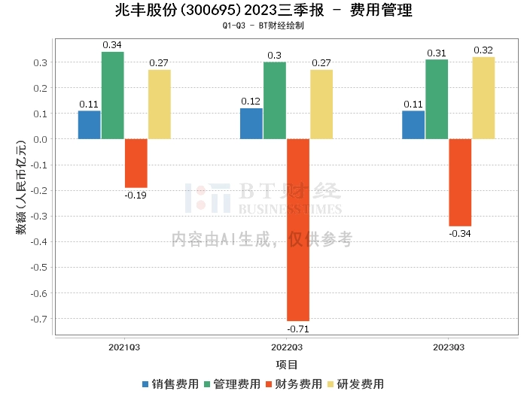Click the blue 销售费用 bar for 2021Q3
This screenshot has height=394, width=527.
pos(89,125)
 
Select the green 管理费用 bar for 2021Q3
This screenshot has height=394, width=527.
pos(112,95)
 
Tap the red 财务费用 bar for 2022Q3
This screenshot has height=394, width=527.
pos(297,229)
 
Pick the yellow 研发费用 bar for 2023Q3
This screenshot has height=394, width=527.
pos(483,98)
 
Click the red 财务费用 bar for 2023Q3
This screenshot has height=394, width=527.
pos(460,183)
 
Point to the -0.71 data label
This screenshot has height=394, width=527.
pos(297,329)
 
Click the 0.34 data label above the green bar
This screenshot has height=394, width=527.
pos(112,45)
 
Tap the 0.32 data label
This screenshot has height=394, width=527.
pos(483,50)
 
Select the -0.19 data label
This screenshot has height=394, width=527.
pos(136,195)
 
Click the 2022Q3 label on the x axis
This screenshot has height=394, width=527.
pos(286,347)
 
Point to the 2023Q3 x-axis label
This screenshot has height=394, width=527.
pos(449,347)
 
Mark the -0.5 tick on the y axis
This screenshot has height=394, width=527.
pos(41,267)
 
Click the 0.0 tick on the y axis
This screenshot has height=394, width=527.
pos(42,139)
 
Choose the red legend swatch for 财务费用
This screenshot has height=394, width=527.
pos(269,383)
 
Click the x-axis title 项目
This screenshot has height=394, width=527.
pos(287,365)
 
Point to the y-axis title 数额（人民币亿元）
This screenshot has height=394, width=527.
pos(21,185)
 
